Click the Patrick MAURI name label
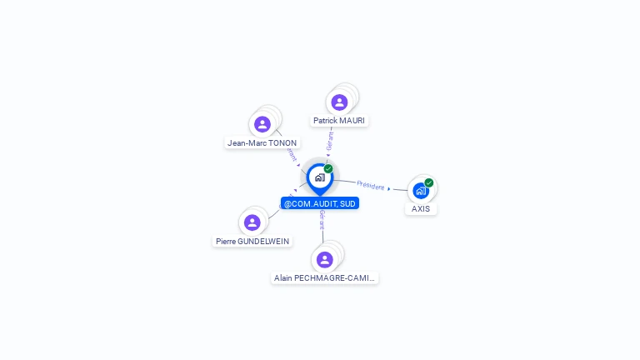339,121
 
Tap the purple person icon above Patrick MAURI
339,102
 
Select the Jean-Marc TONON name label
262,142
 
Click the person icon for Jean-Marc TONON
262,124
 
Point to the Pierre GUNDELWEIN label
252,241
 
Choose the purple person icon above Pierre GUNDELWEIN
252,222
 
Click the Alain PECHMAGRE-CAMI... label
325,277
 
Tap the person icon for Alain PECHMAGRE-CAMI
325,259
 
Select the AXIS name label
421,208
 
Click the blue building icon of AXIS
420,191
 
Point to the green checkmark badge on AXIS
429,182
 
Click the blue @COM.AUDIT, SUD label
320,203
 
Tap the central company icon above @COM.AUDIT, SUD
319,177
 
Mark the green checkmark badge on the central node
328,169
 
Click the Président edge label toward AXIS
370,185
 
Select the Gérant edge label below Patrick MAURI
330,140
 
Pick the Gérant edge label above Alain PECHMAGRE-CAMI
322,220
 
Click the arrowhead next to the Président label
389,189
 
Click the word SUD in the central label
347,203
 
